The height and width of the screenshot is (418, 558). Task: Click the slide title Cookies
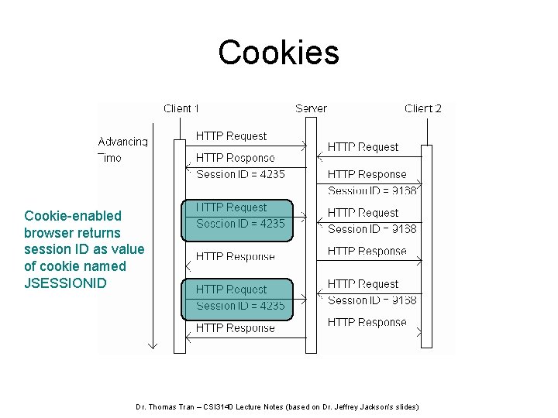click(x=278, y=53)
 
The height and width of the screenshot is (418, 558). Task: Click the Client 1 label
click(x=181, y=108)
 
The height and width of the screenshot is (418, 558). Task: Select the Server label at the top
click(x=311, y=108)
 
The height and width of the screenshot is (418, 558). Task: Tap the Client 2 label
click(x=423, y=108)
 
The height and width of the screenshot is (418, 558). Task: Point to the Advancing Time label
click(x=122, y=149)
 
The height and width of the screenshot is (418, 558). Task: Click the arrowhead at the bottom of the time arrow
click(x=153, y=344)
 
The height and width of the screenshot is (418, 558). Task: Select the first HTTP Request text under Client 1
click(x=231, y=136)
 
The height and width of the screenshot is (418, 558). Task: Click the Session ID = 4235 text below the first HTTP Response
click(x=240, y=174)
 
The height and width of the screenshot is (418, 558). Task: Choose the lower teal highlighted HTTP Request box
click(x=237, y=299)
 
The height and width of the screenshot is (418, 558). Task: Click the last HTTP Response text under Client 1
click(x=235, y=328)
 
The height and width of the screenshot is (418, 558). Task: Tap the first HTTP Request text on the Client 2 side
click(x=363, y=147)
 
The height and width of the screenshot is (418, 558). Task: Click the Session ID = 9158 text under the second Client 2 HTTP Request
click(x=372, y=229)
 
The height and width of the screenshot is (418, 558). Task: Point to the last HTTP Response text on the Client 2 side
click(x=367, y=322)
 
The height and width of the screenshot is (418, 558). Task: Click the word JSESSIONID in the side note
click(x=65, y=283)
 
